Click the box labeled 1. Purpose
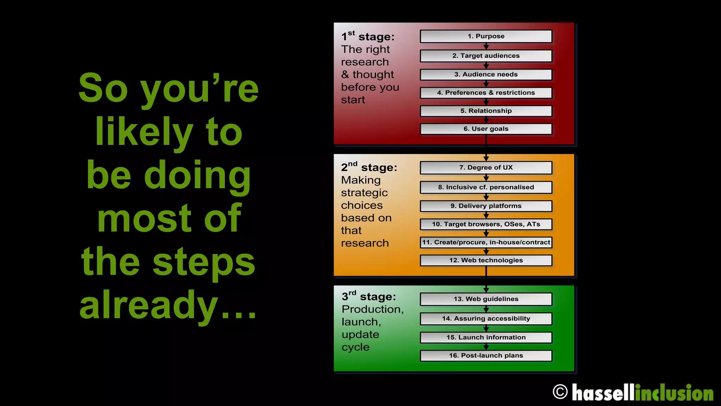[x=486, y=36]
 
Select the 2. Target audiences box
[x=486, y=56]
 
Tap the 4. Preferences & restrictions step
[x=486, y=93]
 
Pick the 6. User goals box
[x=486, y=129]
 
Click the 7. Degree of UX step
[x=486, y=168]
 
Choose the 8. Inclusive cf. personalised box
[x=486, y=187]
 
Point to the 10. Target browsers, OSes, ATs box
[x=486, y=224]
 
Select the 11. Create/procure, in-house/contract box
[x=486, y=242]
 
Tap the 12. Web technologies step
[x=486, y=260]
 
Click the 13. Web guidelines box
[x=486, y=299]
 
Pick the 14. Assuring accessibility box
[x=486, y=319]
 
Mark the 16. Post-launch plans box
[x=486, y=356]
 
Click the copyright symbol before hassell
[x=560, y=392]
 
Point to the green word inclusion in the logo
[x=674, y=393]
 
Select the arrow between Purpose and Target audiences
[x=486, y=47]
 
